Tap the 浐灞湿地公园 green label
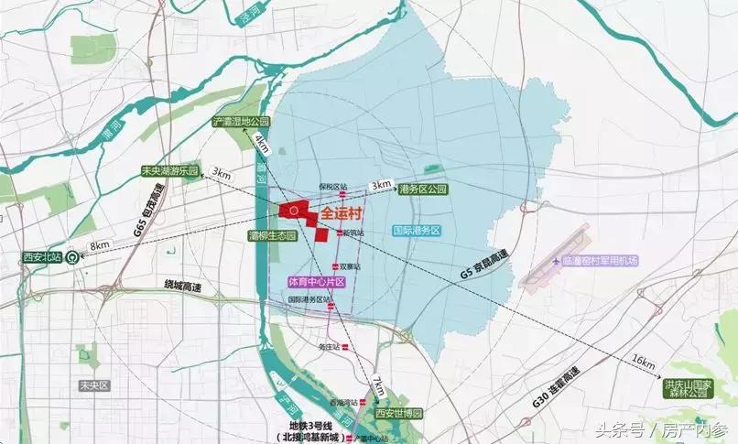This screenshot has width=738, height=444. click(x=242, y=121)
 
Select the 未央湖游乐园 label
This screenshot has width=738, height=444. click(x=169, y=171)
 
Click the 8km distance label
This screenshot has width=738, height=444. click(x=100, y=244)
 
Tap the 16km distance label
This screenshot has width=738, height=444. click(x=645, y=364)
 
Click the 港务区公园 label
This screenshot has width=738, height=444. click(x=423, y=190)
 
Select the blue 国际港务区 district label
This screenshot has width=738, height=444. click(x=416, y=231)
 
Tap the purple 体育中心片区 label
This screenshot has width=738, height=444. click(x=316, y=281)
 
